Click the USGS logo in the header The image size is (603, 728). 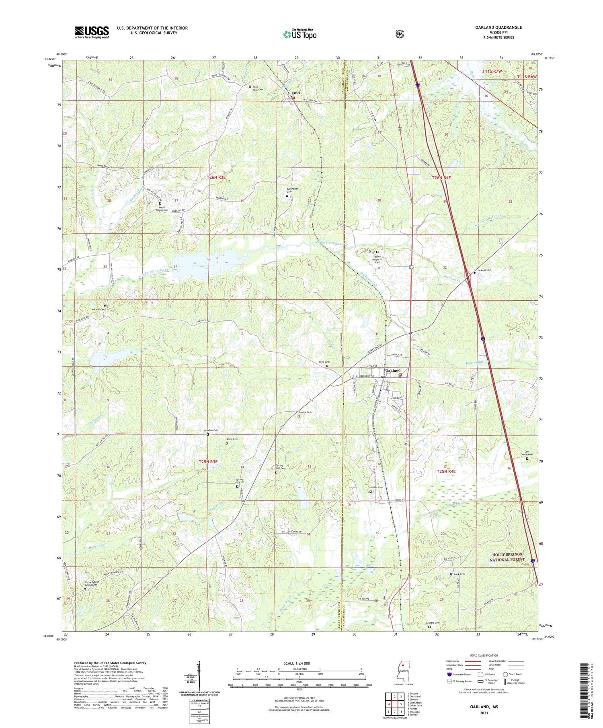pos(92,32)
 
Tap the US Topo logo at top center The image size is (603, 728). pos(299,35)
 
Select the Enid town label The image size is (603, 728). pos(295,93)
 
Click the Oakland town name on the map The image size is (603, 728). pos(393,370)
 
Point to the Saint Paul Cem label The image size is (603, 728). pos(257,88)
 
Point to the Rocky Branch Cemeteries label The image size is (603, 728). pos(92,583)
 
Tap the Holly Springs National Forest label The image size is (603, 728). pos(507,557)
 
